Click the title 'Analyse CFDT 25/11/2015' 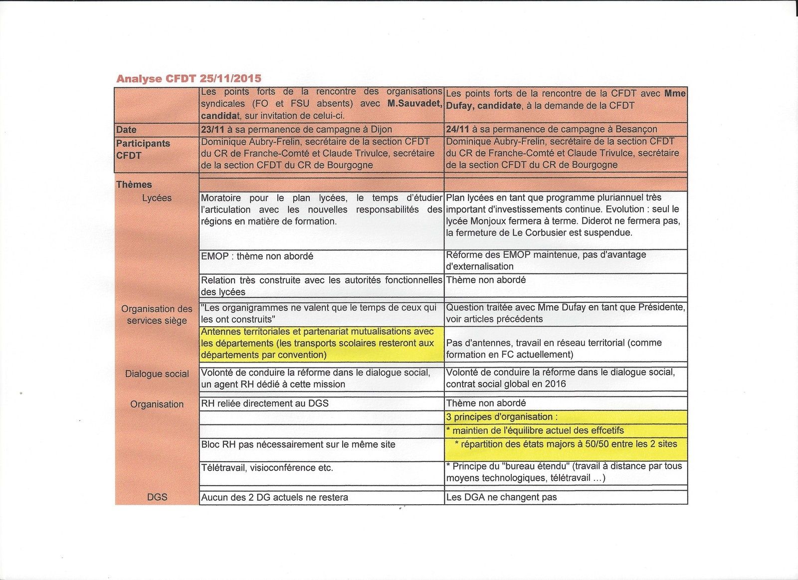point(189,78)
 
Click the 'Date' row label point(126,130)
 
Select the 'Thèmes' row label point(134,185)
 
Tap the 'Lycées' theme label point(157,198)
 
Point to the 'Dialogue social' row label point(157,374)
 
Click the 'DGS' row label point(157,497)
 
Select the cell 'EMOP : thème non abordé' point(257,256)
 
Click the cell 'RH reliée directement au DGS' point(264,403)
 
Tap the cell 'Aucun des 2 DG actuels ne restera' point(274,497)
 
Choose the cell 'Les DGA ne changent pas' point(501,497)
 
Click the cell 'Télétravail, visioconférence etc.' point(267,468)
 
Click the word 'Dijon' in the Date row point(381,130)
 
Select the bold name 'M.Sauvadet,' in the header point(414,104)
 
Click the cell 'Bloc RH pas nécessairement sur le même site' point(298,444)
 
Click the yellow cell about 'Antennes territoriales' point(317,343)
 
